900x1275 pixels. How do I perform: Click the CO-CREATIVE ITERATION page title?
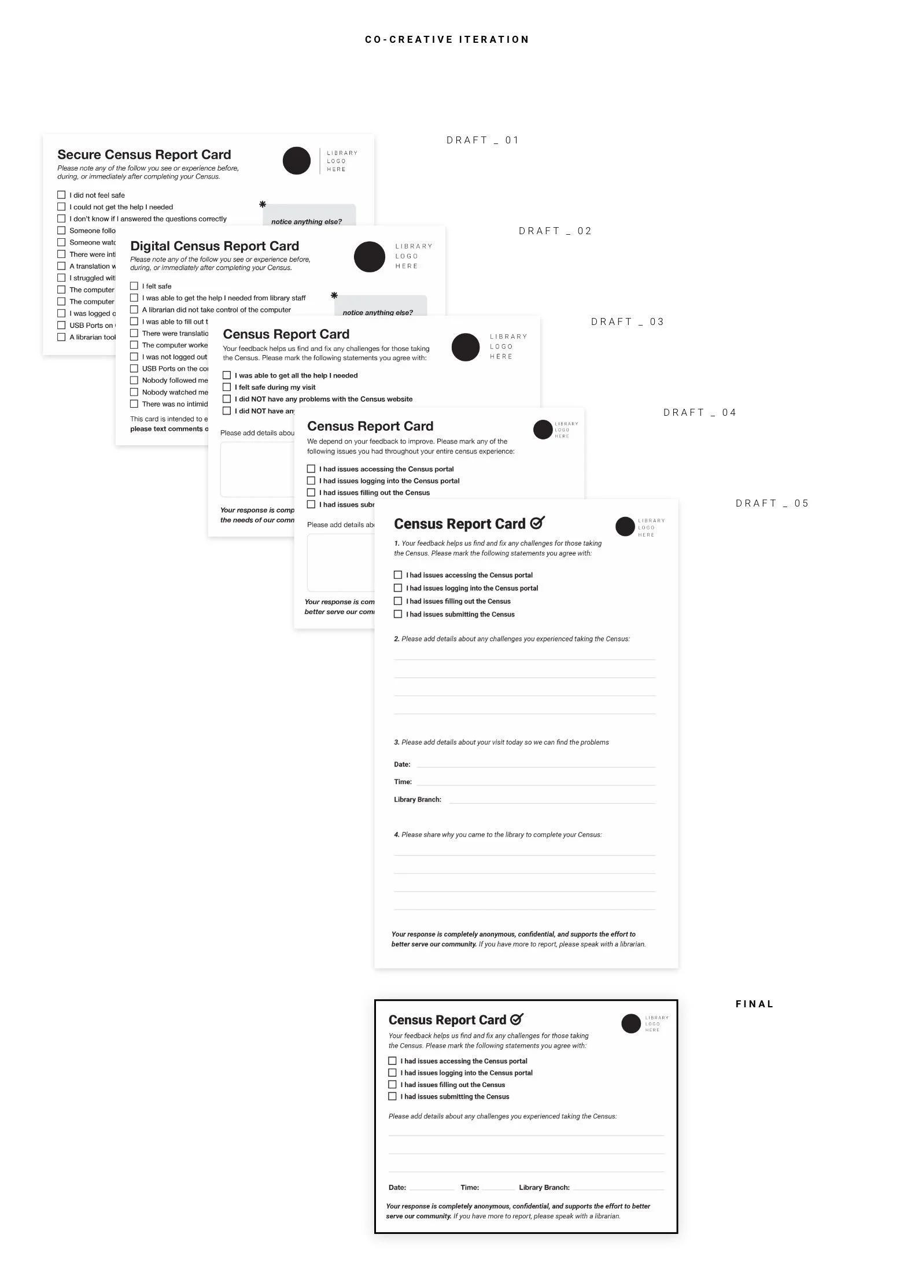click(x=447, y=39)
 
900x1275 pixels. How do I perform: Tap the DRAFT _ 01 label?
click(x=483, y=140)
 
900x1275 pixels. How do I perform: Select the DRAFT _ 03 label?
click(x=628, y=321)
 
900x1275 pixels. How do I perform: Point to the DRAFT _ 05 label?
click(x=772, y=503)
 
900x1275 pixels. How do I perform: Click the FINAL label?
click(x=754, y=1004)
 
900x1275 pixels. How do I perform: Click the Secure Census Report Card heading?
click(x=144, y=154)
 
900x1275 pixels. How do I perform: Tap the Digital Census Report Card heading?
click(x=215, y=246)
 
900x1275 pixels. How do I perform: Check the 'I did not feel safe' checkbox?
click(x=61, y=195)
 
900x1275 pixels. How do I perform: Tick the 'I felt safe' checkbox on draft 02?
click(x=134, y=286)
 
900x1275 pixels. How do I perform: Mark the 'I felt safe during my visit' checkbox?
click(x=227, y=387)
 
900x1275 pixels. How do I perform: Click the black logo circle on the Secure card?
click(x=297, y=161)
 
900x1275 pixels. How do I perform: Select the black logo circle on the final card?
click(x=631, y=1023)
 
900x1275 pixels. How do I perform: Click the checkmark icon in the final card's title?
click(x=517, y=1019)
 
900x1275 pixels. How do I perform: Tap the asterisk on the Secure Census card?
click(x=263, y=204)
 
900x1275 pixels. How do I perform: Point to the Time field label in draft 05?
click(x=403, y=782)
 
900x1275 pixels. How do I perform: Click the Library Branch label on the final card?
click(x=544, y=1187)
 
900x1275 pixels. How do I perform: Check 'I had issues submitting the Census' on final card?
click(x=392, y=1096)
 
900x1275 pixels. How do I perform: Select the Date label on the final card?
click(x=397, y=1187)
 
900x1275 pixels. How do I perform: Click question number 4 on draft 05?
click(x=397, y=834)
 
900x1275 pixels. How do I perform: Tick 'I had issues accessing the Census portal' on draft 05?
click(x=398, y=575)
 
